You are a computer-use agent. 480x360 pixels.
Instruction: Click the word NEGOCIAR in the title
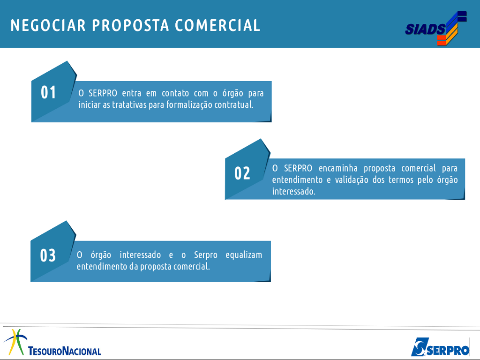tap(48, 25)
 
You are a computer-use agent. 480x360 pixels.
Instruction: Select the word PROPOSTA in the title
tap(131, 25)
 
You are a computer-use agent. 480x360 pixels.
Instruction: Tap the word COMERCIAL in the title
tap(217, 25)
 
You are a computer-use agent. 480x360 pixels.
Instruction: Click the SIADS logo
tap(436, 29)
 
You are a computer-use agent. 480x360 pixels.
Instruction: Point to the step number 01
tap(48, 92)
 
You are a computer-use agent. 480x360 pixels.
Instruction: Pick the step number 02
tap(242, 173)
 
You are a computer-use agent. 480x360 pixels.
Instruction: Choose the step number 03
tap(48, 255)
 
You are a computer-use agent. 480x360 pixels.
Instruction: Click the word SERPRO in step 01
tap(103, 93)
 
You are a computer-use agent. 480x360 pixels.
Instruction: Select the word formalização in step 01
tap(189, 105)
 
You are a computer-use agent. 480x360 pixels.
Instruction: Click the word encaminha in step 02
tap(338, 168)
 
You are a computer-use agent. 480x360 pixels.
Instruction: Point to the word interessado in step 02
tap(294, 191)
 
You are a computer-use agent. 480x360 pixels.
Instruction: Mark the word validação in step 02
tap(352, 180)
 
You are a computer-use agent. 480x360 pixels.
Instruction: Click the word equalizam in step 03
tap(244, 255)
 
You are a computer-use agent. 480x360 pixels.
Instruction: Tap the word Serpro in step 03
tap(206, 255)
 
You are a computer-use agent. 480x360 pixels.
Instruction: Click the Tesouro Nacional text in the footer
tap(65, 351)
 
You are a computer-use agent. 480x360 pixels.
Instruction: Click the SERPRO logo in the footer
tap(440, 347)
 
